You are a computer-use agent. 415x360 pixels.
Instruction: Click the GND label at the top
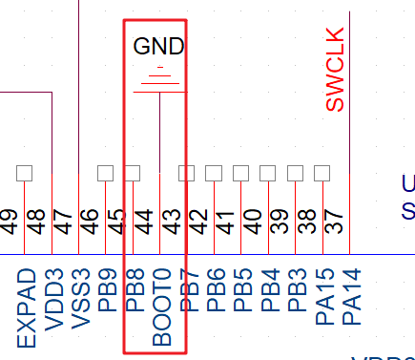(159, 46)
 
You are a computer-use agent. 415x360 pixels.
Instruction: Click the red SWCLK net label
(335, 70)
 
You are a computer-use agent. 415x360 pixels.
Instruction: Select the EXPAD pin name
(26, 307)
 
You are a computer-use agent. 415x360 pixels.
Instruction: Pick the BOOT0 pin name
(161, 305)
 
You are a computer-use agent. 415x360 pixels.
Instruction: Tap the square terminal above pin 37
(322, 173)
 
